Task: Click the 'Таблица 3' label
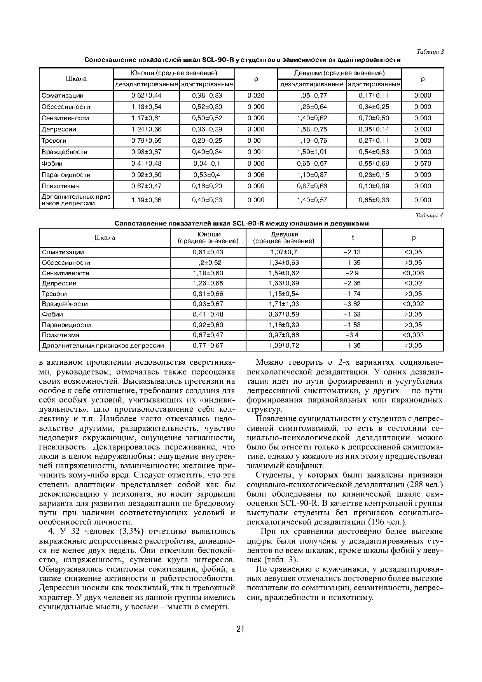(430, 52)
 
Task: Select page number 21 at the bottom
(240, 629)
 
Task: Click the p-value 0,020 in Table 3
(256, 96)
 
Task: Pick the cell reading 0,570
(423, 164)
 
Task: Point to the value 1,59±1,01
(312, 152)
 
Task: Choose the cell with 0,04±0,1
(207, 164)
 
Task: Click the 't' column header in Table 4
(352, 238)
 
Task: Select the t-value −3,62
(352, 304)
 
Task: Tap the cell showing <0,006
(413, 273)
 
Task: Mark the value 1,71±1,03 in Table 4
(284, 304)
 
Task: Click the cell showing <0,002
(413, 304)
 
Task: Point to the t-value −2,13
(352, 252)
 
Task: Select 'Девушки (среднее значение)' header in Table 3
(339, 73)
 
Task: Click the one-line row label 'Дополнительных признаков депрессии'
(103, 346)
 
